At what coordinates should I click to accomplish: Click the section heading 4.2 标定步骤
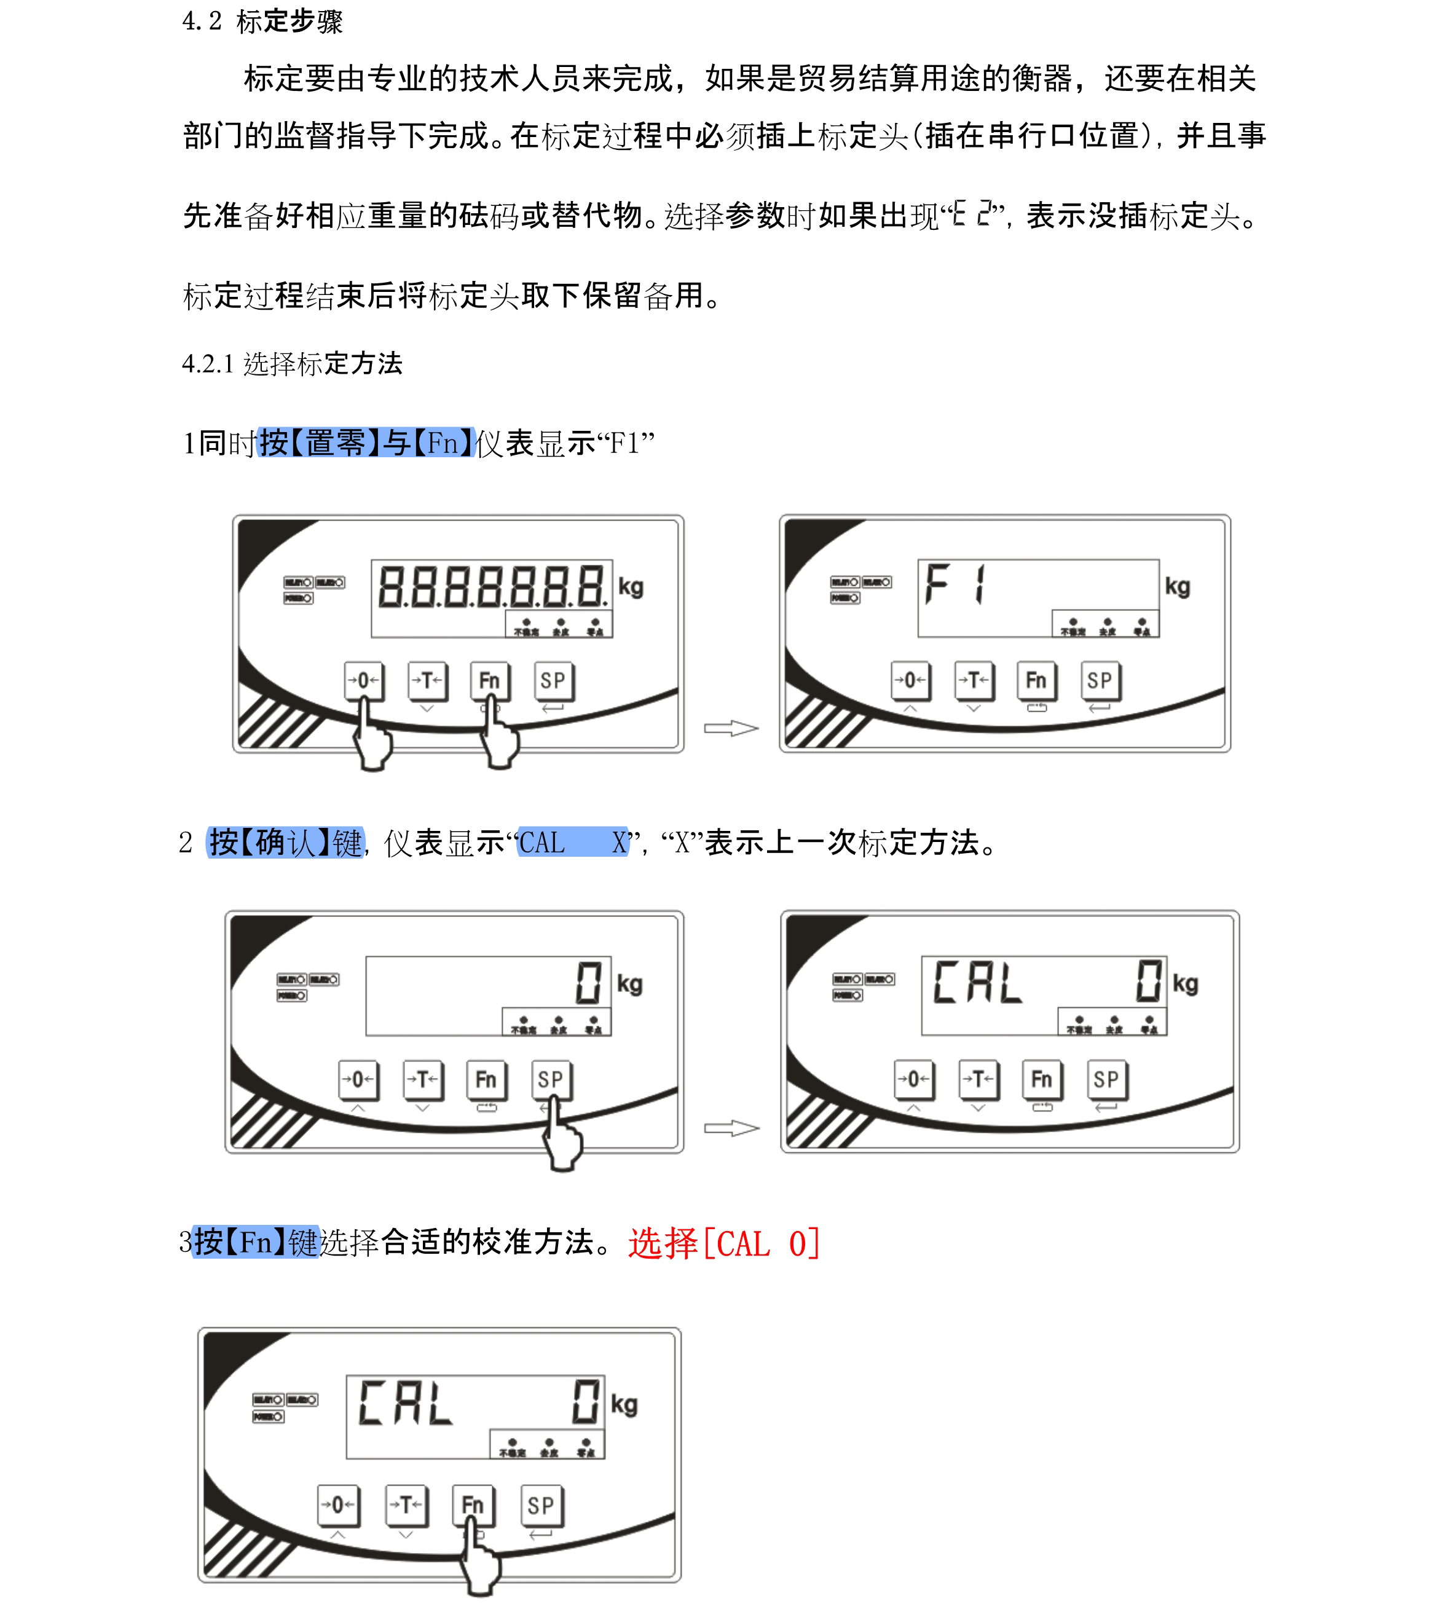click(263, 22)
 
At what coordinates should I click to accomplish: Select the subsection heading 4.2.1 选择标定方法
click(292, 364)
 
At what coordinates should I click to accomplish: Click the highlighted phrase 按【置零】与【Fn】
click(366, 443)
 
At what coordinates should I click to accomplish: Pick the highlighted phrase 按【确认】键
click(285, 842)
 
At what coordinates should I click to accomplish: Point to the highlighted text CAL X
click(572, 842)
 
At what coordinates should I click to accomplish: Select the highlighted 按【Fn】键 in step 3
click(256, 1242)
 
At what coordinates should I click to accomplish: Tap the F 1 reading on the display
click(955, 584)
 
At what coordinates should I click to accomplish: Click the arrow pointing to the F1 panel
click(731, 728)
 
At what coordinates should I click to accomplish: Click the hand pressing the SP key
click(561, 1138)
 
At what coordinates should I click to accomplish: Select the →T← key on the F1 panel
click(974, 680)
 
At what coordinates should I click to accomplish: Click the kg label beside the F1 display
click(1177, 586)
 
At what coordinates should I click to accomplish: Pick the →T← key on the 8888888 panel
click(427, 680)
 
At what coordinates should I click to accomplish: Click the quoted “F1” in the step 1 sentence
click(626, 443)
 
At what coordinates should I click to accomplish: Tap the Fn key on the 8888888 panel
click(489, 680)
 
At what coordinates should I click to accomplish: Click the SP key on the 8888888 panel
click(553, 680)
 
